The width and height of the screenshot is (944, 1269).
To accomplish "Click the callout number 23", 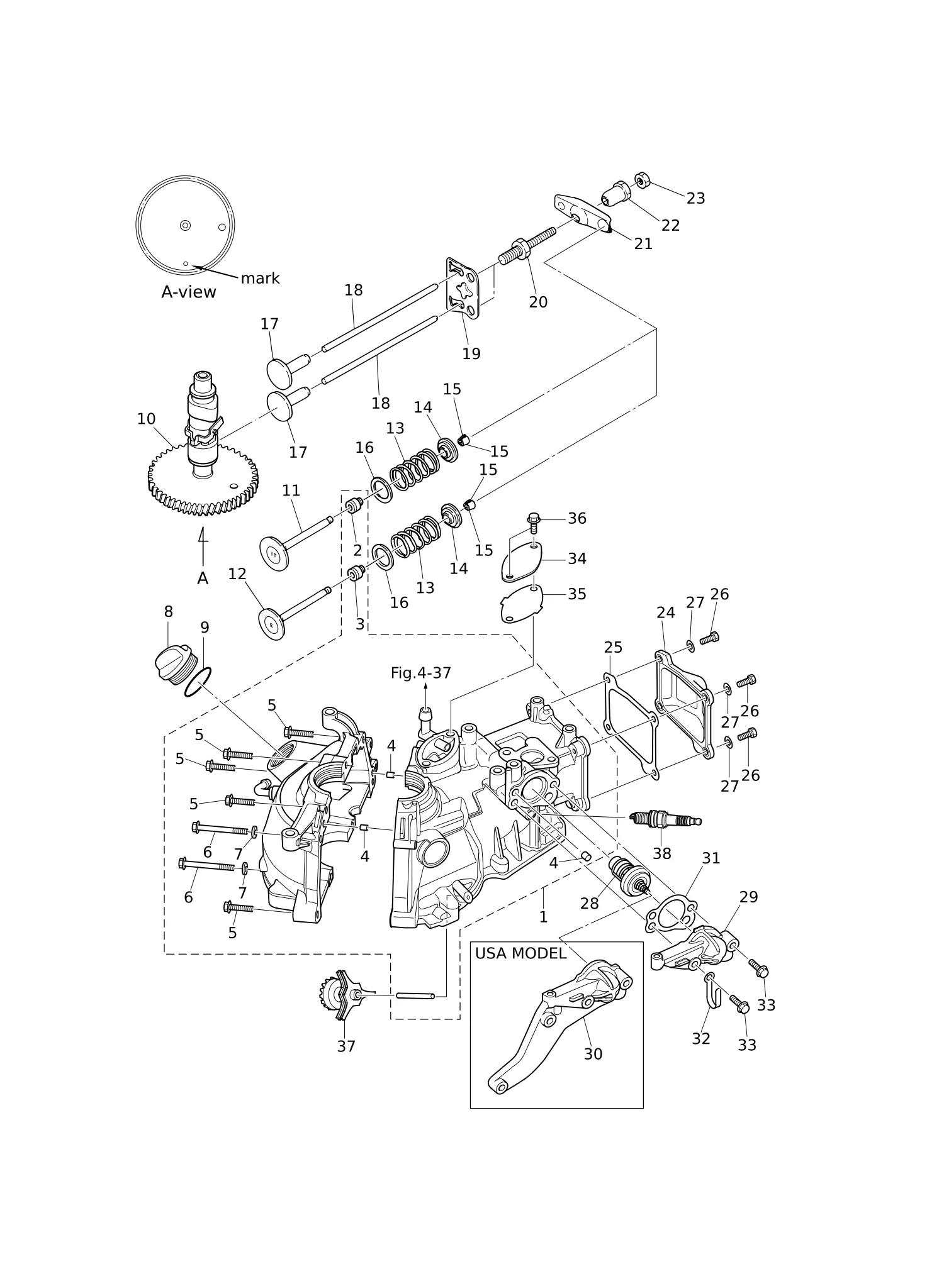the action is click(695, 199).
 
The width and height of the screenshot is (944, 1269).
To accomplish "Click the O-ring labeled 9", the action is click(198, 682).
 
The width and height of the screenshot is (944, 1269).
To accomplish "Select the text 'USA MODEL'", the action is click(520, 953).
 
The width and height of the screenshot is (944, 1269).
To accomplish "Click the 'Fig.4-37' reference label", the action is click(421, 673).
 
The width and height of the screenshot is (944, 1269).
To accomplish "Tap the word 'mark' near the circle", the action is click(260, 278).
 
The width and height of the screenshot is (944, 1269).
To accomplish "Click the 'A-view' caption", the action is click(189, 292).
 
